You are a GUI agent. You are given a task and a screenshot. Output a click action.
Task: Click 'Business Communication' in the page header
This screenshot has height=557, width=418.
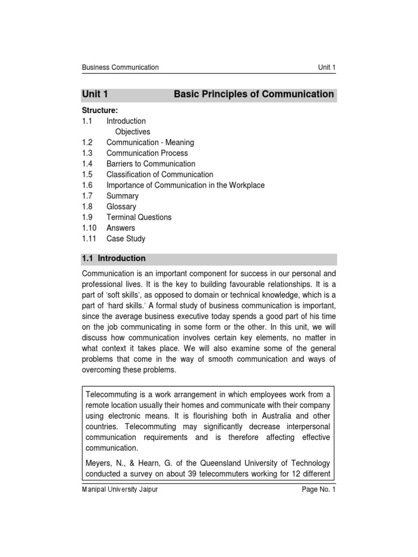pos(120,67)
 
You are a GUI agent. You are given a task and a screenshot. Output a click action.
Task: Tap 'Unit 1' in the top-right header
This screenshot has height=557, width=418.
pos(327,67)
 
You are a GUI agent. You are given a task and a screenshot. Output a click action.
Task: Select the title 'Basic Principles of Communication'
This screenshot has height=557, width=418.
pos(254,94)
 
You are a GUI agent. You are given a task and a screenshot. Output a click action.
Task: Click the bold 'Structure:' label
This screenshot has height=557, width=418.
pos(100,110)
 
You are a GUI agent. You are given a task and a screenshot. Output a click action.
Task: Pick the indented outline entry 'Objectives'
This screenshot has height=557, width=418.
pos(133,132)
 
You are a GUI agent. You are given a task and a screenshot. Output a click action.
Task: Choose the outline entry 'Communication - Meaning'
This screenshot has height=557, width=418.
pos(150,143)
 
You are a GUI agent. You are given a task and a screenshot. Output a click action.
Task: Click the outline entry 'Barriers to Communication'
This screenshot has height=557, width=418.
pos(151,164)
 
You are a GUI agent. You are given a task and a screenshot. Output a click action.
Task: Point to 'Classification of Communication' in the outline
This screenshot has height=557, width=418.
pos(159,175)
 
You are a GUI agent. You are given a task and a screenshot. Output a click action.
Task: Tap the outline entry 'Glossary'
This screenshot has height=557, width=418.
pos(121,207)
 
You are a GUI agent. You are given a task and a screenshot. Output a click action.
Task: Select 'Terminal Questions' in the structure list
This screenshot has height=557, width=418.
pos(139,217)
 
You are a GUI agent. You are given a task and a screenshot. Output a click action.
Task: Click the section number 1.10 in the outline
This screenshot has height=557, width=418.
pos(89,228)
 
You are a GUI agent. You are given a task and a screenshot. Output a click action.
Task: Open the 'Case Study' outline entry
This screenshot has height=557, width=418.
pos(126,239)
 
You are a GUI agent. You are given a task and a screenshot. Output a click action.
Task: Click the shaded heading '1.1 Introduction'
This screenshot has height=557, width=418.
pos(114,258)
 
